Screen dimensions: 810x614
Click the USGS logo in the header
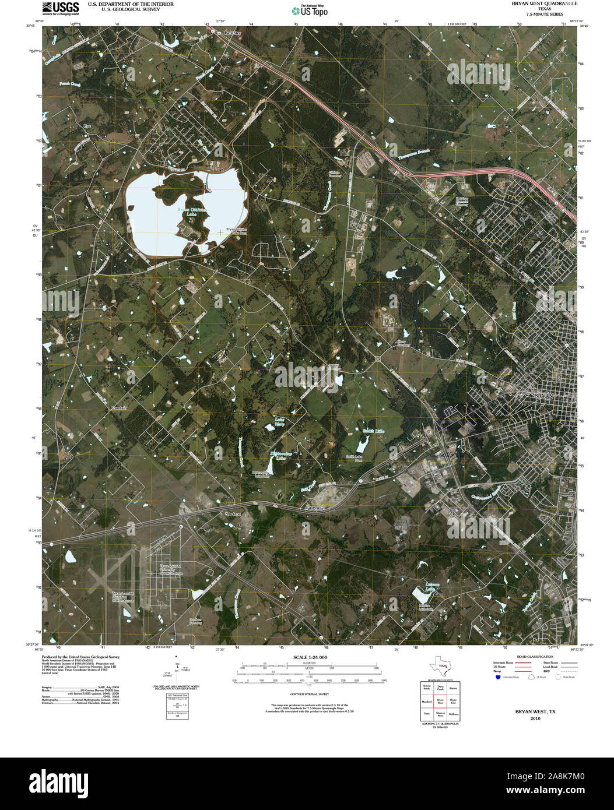(x=61, y=8)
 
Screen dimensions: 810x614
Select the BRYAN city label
(x=546, y=396)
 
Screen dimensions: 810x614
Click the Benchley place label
(x=232, y=33)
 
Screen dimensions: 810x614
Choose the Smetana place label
(x=233, y=514)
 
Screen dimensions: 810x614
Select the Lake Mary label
(x=279, y=422)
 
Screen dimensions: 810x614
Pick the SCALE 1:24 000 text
(x=307, y=657)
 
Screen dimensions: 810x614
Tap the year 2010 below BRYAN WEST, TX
(x=535, y=719)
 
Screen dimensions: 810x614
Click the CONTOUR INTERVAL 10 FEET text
(x=309, y=695)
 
